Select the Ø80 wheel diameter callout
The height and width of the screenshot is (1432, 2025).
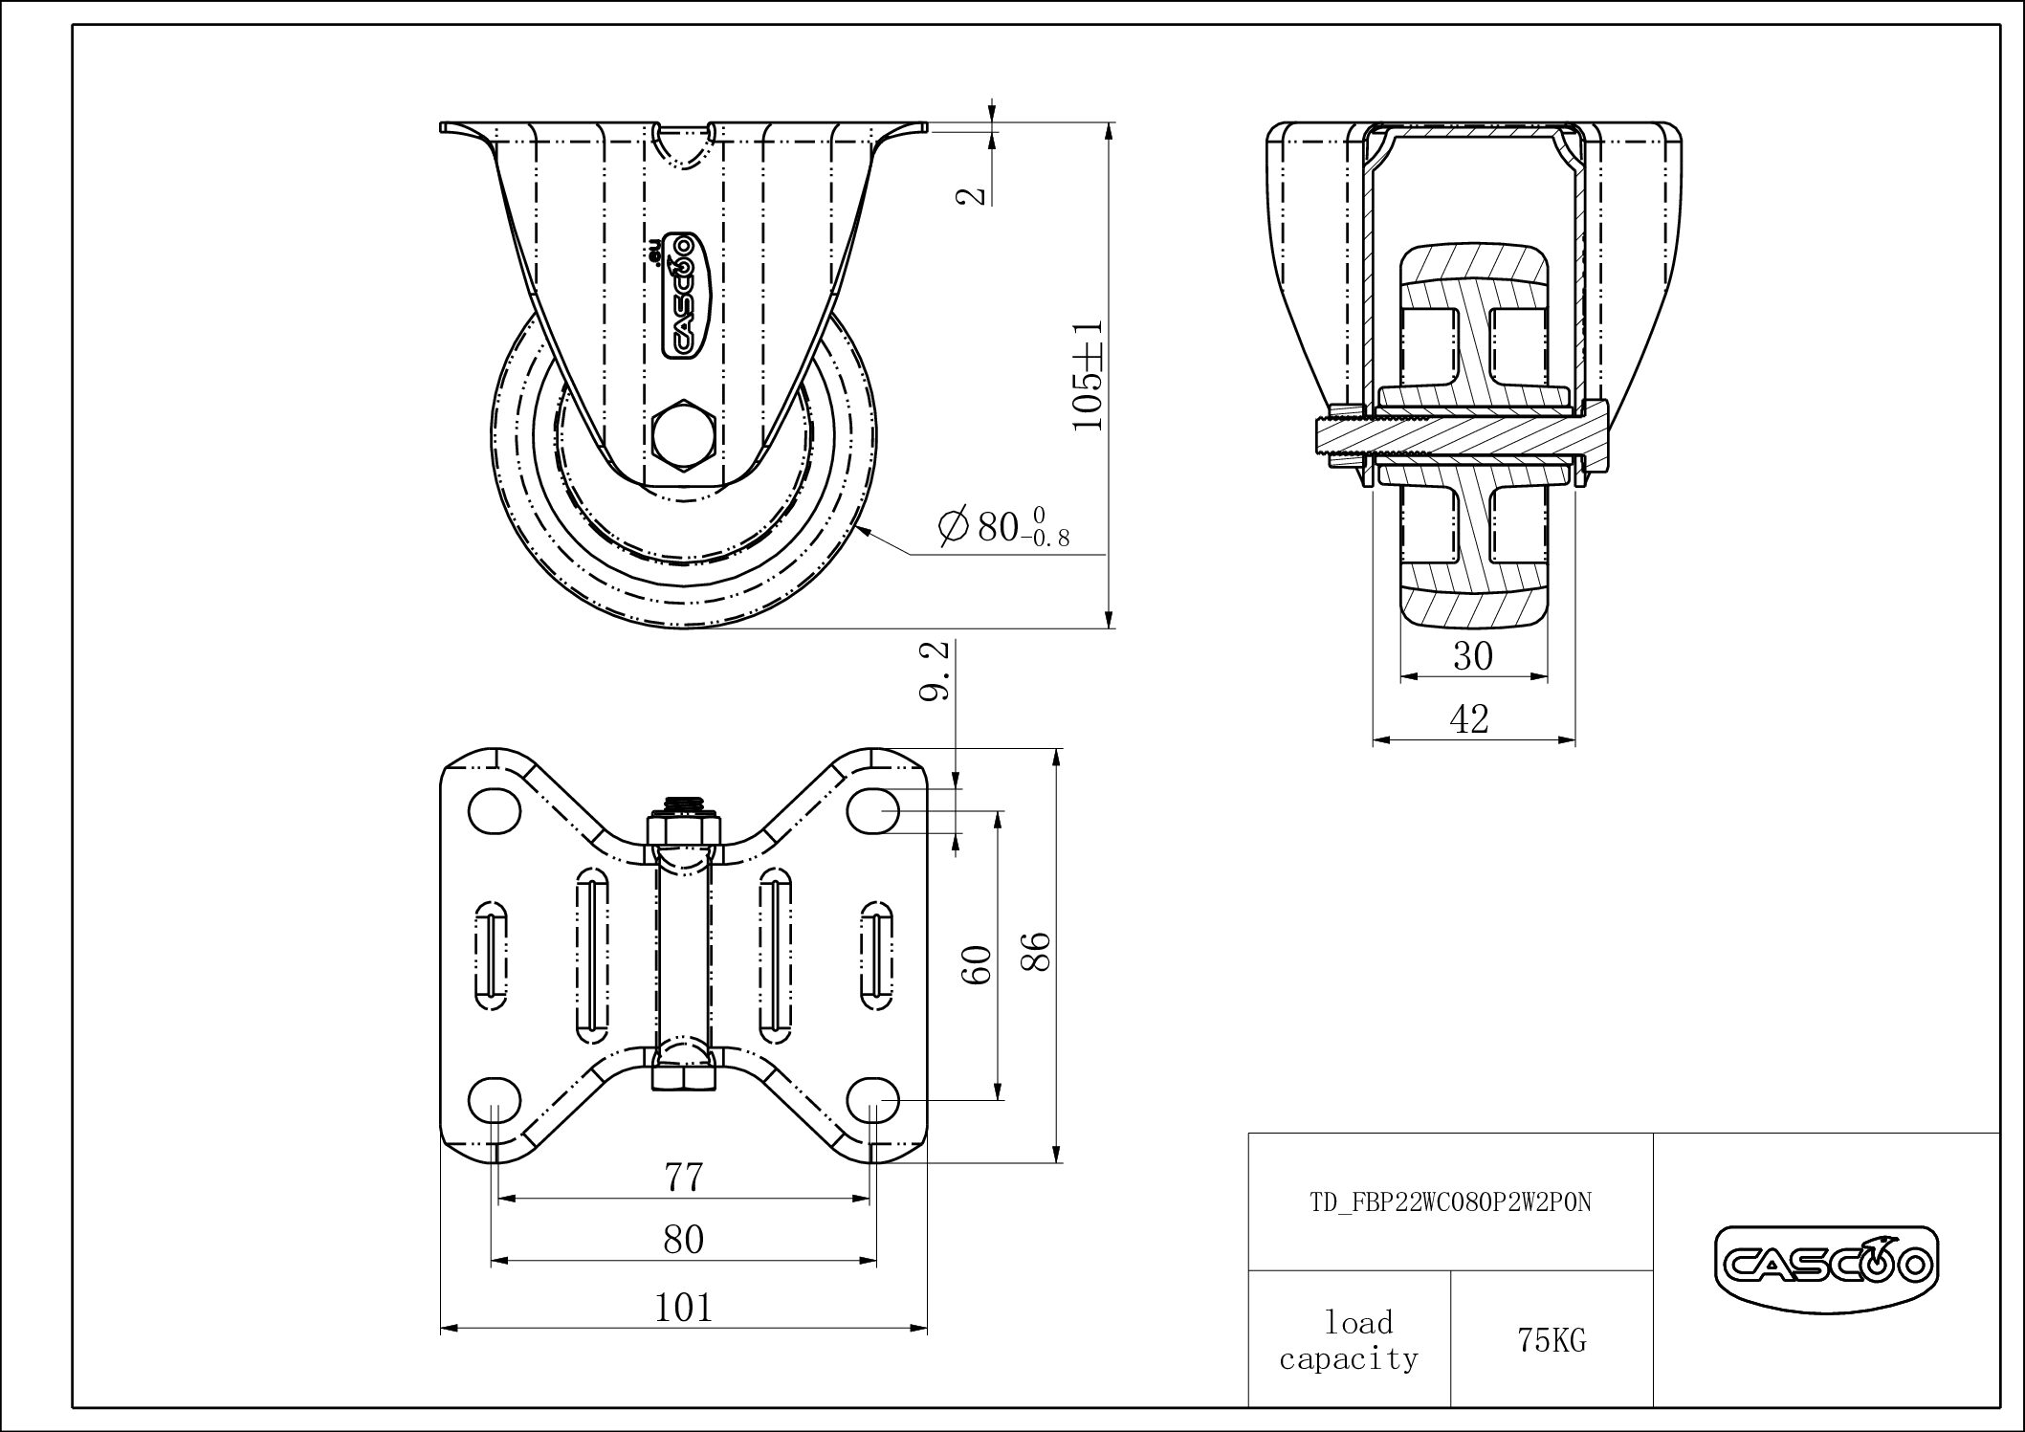point(1003,528)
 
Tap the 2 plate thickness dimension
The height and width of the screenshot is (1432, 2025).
point(971,194)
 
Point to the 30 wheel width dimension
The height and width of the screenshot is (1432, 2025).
point(1473,656)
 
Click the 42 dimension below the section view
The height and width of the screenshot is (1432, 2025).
point(1470,719)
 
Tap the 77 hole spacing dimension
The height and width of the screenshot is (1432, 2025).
point(684,1177)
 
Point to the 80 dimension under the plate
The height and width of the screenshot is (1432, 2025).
point(684,1240)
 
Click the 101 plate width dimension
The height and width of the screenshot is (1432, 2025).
point(684,1307)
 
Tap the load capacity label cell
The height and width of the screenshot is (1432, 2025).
point(1350,1340)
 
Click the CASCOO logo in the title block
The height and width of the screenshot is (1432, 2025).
point(1826,1267)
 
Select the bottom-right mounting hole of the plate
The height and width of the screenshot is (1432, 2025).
point(872,1101)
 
